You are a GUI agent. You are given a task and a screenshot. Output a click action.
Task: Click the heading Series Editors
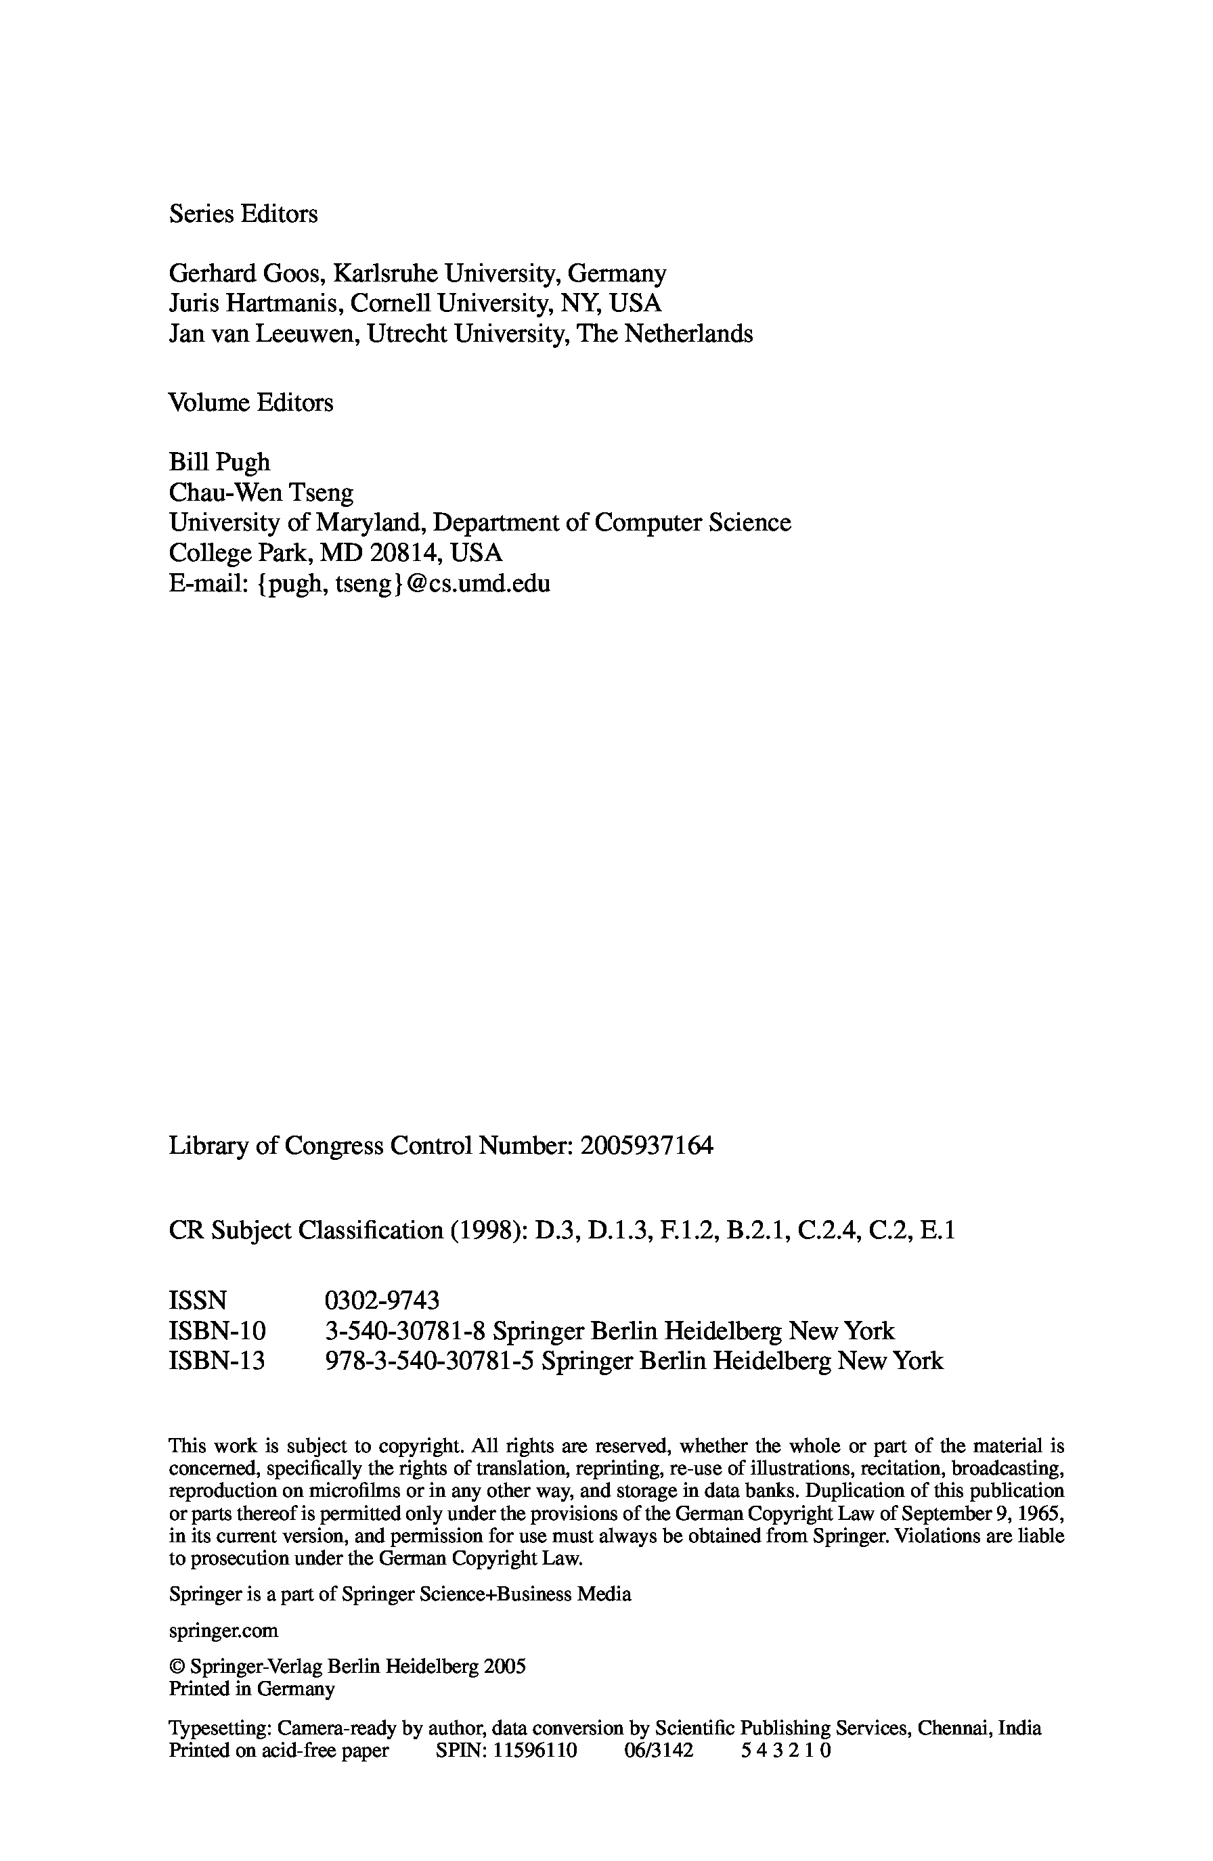click(243, 215)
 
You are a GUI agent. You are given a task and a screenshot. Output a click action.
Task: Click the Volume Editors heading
click(251, 403)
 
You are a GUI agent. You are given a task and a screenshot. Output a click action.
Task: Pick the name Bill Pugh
click(220, 463)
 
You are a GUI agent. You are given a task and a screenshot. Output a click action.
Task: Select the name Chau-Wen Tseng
click(261, 493)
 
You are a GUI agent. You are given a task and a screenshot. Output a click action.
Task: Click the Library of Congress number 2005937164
click(648, 1146)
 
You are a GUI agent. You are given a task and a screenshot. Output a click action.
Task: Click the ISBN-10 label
click(217, 1331)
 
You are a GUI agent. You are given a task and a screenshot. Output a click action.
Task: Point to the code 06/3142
click(659, 1750)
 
